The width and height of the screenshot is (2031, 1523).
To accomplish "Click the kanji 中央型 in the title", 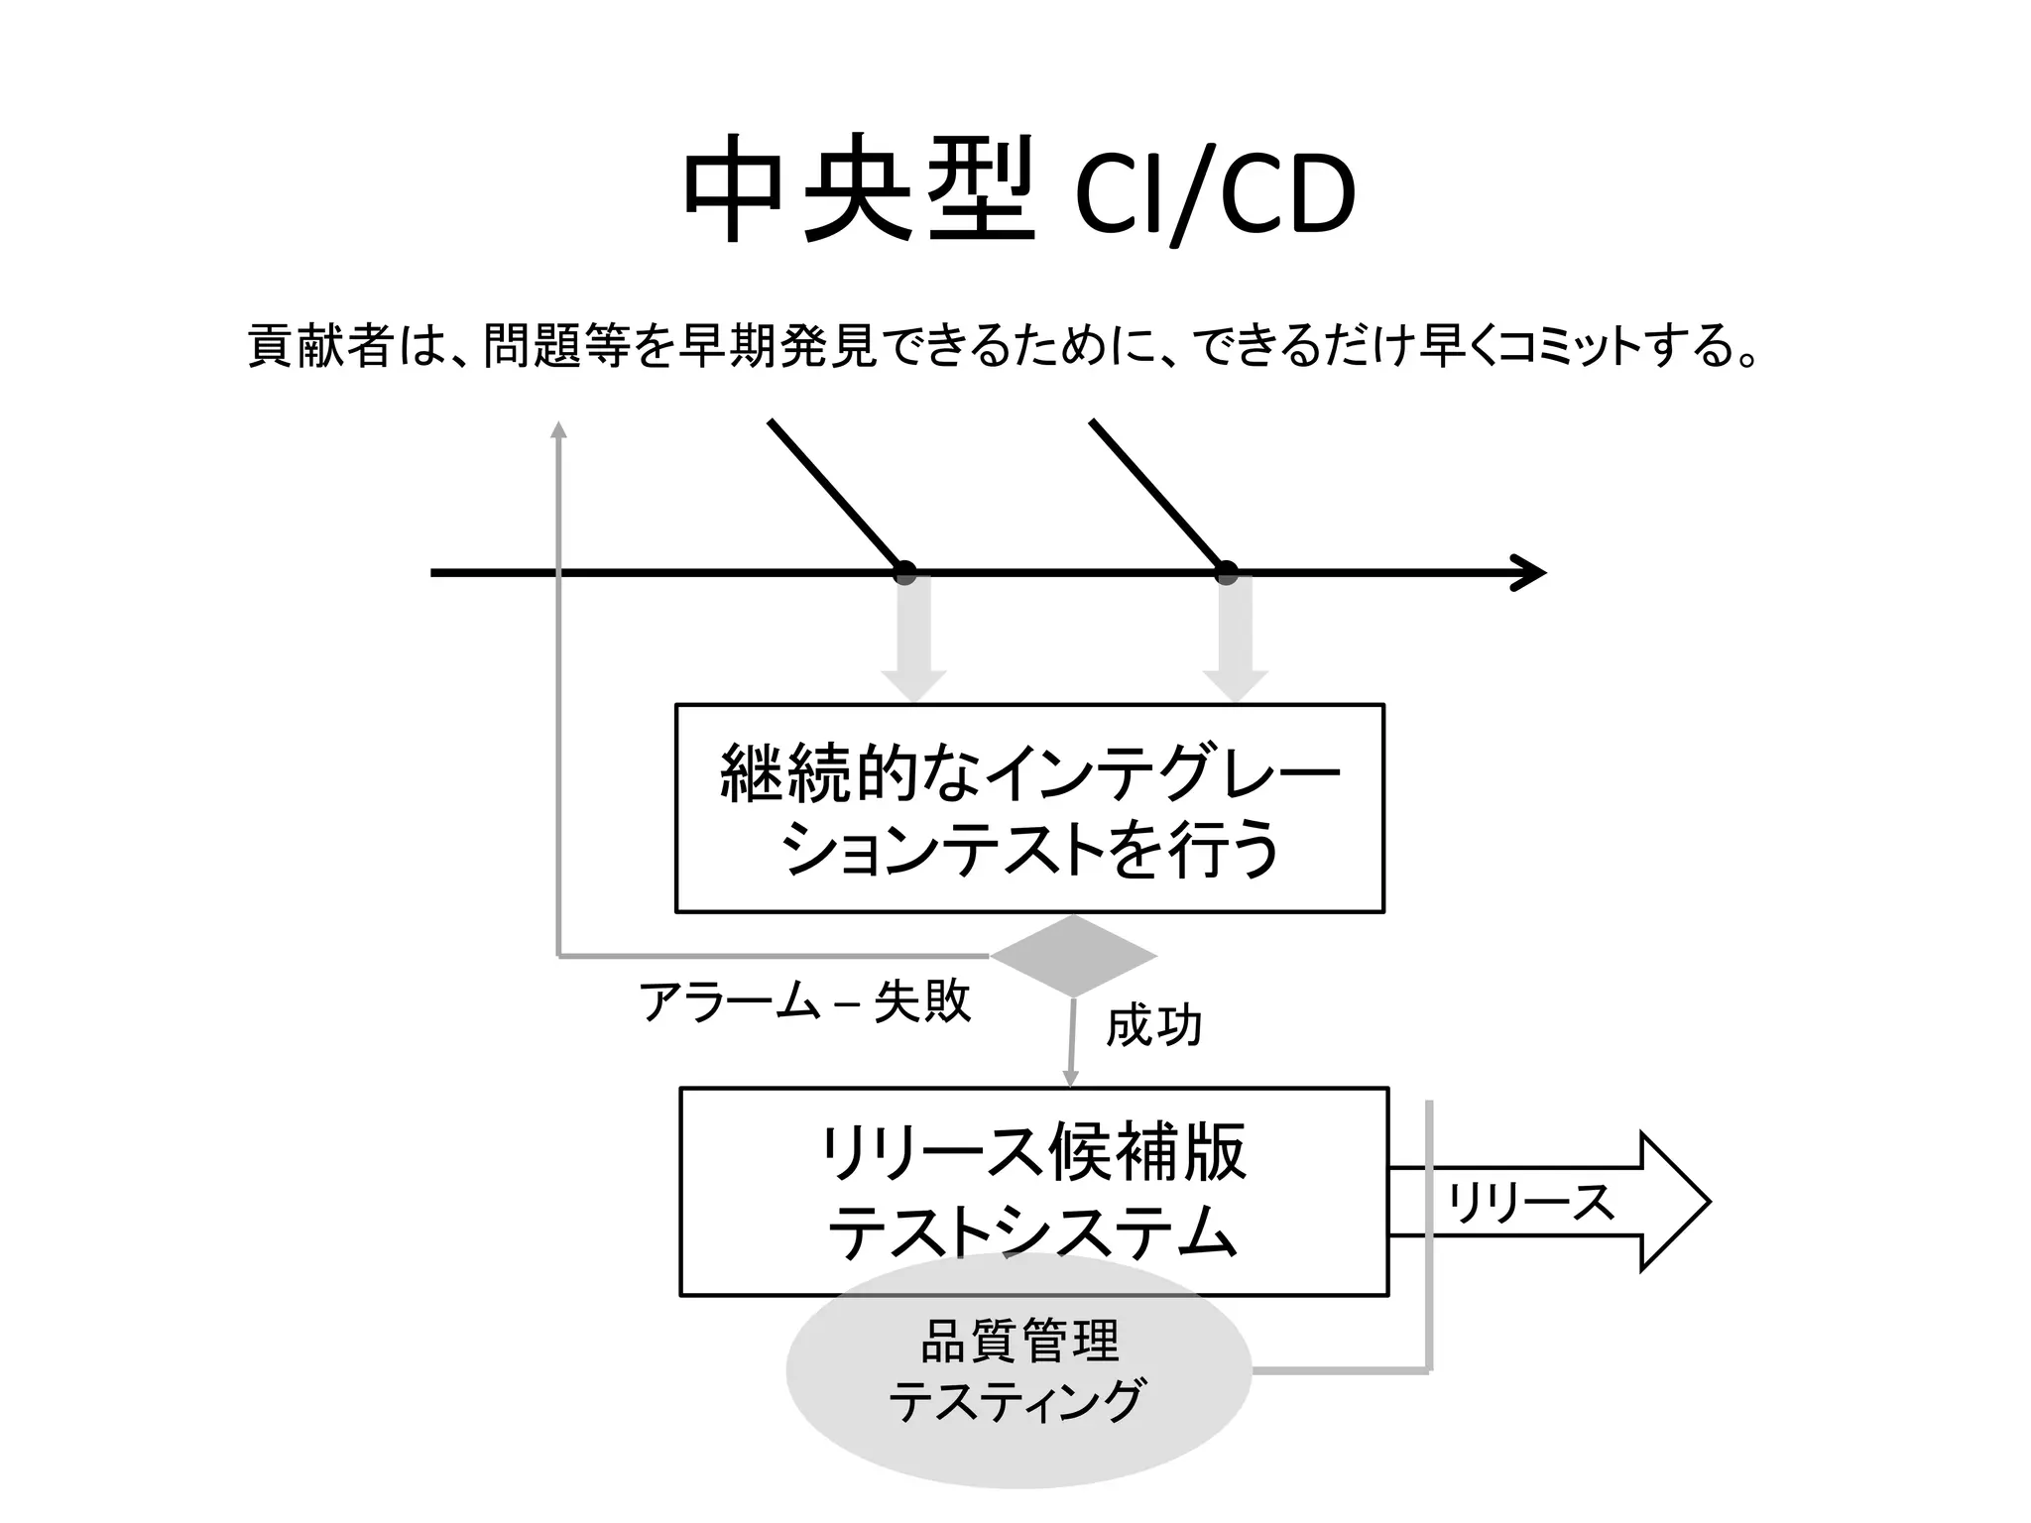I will pyautogui.click(x=859, y=192).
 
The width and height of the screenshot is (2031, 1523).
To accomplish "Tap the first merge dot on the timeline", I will pyautogui.click(x=904, y=572).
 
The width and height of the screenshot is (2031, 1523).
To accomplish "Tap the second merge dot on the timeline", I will pyautogui.click(x=1227, y=572).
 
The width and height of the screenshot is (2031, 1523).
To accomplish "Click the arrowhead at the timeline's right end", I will pyautogui.click(x=1532, y=573).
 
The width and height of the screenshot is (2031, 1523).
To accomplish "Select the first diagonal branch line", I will pyautogui.click(x=835, y=495).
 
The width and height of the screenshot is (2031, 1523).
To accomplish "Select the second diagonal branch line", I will pyautogui.click(x=1156, y=495).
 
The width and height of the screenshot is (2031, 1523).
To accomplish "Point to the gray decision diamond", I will pyautogui.click(x=1074, y=956).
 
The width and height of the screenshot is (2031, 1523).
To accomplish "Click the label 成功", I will pyautogui.click(x=1153, y=1025).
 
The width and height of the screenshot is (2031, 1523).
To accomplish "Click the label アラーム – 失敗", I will pyautogui.click(x=804, y=1001).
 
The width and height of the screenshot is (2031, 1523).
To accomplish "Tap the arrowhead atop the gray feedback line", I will pyautogui.click(x=558, y=428).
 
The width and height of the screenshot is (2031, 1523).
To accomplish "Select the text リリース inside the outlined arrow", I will pyautogui.click(x=1530, y=1203).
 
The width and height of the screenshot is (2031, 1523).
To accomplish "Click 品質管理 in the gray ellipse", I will pyautogui.click(x=1019, y=1342).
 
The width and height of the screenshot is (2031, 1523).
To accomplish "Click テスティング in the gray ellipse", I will pyautogui.click(x=1016, y=1401).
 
